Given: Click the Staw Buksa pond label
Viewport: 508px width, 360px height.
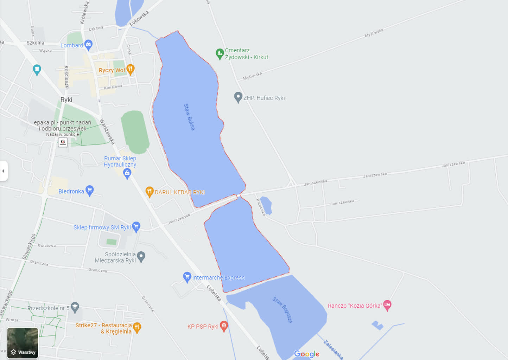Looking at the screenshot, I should [189, 117].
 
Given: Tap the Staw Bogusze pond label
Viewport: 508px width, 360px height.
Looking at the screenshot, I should [282, 310].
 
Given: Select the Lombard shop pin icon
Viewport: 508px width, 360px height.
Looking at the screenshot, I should [88, 45].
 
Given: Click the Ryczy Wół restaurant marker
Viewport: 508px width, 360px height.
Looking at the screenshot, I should [130, 69].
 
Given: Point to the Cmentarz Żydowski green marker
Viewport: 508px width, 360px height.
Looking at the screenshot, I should [220, 54].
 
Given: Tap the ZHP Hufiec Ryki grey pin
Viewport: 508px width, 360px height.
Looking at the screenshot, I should [238, 97].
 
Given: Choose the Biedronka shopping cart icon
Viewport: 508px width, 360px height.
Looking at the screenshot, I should [90, 191].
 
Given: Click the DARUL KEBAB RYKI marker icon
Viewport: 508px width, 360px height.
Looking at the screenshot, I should [150, 192].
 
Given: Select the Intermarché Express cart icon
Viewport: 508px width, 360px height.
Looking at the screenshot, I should [187, 277].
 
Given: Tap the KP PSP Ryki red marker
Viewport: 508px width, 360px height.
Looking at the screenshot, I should [224, 326].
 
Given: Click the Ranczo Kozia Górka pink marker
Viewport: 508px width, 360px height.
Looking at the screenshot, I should [387, 305].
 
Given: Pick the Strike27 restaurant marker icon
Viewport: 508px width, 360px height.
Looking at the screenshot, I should [137, 327].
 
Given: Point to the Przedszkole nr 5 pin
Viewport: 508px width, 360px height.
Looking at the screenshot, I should [75, 307].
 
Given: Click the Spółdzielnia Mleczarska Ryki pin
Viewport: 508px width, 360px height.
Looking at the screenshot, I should [141, 257].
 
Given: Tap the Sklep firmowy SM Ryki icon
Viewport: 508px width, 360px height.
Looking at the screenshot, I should [136, 227].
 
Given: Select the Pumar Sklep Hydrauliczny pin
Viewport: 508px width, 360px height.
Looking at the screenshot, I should [127, 173].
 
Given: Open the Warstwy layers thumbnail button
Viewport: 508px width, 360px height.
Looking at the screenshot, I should [23, 343].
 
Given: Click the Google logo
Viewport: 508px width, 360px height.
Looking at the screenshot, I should [307, 354].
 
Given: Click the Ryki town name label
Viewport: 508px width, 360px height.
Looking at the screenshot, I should [66, 100].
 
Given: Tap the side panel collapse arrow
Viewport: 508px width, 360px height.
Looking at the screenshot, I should [4, 171].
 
